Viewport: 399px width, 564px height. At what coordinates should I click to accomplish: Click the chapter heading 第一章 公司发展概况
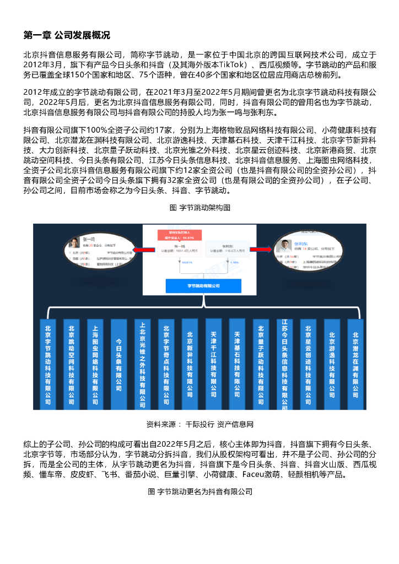pyautogui.click(x=66, y=35)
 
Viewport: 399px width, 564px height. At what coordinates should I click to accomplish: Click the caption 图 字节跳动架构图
pyautogui.click(x=199, y=208)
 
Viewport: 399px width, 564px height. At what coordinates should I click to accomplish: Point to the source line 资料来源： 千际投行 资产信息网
pyautogui.click(x=199, y=424)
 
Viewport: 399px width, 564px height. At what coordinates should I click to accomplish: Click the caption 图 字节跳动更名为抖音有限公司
pyautogui.click(x=199, y=491)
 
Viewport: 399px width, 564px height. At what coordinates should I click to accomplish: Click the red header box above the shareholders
pyautogui.click(x=176, y=235)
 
